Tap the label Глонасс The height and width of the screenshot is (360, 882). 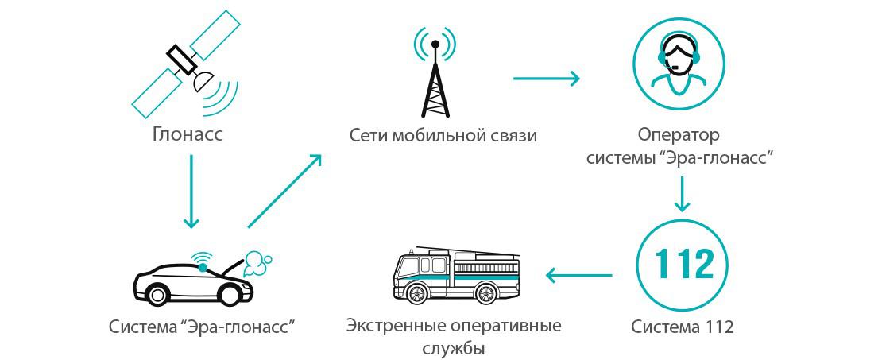tap(188, 135)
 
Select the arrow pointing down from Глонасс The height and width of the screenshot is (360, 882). tap(190, 191)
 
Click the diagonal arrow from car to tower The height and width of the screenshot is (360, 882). tap(284, 190)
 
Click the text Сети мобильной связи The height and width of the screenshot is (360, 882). tap(443, 136)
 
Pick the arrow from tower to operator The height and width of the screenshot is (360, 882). tap(546, 79)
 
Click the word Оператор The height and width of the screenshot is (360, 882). tap(679, 135)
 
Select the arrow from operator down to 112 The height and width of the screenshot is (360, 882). tap(680, 195)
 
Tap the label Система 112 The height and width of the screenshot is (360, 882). tap(682, 327)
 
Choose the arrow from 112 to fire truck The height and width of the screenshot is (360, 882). tap(578, 276)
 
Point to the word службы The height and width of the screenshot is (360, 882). tap(454, 348)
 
